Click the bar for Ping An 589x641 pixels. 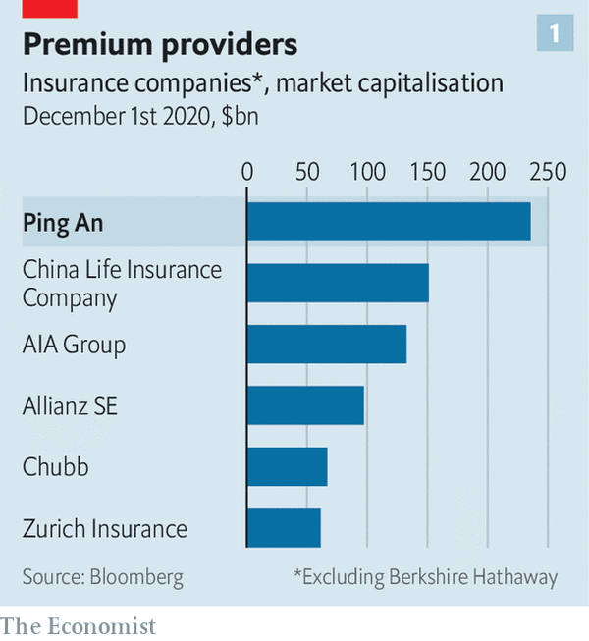coord(389,222)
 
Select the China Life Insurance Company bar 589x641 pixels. coord(338,283)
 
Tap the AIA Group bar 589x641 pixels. coord(327,345)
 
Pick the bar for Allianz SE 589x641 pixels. coord(305,405)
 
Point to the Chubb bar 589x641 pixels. coord(287,466)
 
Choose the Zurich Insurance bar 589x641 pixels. coord(284,528)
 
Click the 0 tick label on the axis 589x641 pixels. coord(247,172)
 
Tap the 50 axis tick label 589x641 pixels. coord(307,172)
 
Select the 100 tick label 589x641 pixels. coord(367,172)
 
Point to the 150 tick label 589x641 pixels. coord(427,172)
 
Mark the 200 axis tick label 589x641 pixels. coord(488,172)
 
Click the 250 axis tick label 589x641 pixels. coord(548,172)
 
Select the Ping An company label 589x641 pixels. coord(63,223)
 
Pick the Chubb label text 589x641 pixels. coord(55,467)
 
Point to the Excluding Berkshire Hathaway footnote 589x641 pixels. coord(425,577)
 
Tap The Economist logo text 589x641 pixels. coord(78,625)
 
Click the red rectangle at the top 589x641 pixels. coord(49,8)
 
